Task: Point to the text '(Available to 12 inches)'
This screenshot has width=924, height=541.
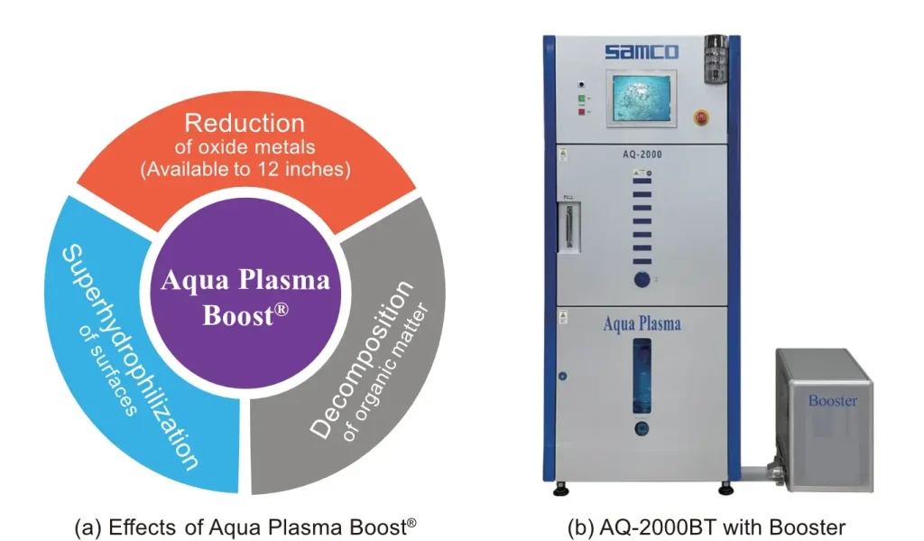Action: click(245, 169)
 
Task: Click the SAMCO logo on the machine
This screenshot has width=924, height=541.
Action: click(642, 52)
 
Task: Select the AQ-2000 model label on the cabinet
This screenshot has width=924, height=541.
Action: click(642, 154)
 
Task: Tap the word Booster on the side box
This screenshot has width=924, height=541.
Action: click(832, 400)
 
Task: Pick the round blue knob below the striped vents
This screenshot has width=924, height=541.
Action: click(642, 278)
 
